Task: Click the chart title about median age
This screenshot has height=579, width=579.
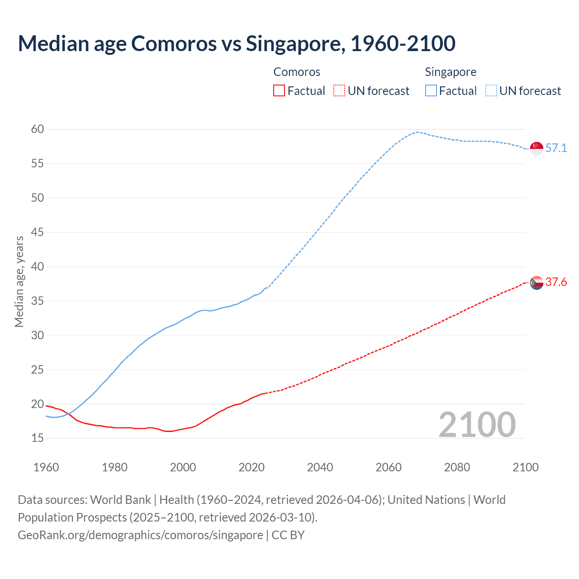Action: coord(237,43)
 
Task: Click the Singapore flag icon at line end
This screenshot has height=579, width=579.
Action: coord(536,148)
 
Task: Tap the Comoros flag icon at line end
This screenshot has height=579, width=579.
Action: coord(536,283)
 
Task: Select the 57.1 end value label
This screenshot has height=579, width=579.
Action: coord(556,148)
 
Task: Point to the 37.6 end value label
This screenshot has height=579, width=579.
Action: coord(556,282)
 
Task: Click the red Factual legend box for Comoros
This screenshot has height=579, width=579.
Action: coord(279,91)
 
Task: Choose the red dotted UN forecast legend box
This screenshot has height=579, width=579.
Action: coord(339,91)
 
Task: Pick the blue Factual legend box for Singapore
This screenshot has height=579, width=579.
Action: coord(431,91)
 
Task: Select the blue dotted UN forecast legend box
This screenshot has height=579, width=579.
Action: coord(491,91)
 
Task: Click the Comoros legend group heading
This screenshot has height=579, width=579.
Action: coord(297,72)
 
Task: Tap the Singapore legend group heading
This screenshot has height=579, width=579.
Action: coord(451,72)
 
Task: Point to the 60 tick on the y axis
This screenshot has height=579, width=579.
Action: coord(38,129)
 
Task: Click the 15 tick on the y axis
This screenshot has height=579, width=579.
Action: coord(38,438)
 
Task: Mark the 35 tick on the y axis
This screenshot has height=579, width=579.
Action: coord(38,301)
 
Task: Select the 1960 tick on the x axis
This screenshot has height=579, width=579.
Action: coord(46,467)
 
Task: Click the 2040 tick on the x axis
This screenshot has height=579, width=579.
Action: coord(320,467)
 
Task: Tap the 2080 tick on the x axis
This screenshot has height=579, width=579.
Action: coord(457,467)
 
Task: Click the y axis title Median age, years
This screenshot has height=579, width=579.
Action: coord(19,281)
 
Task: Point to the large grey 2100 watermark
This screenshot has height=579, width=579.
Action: coord(477,425)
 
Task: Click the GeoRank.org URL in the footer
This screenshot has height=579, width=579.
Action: coord(140,535)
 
